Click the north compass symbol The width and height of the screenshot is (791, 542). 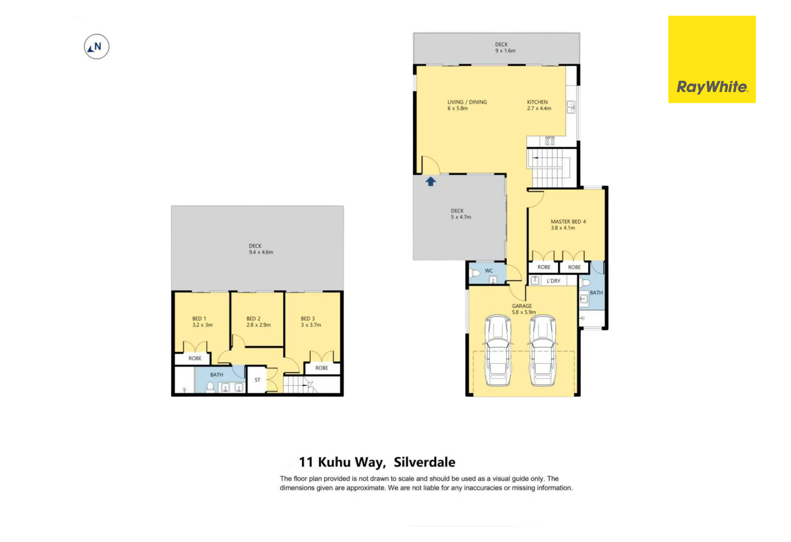pos(96,46)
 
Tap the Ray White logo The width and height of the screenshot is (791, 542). pos(712,59)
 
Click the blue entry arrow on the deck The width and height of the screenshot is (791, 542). pos(431,181)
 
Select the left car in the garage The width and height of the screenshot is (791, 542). pos(498,350)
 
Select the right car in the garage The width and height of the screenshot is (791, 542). pos(542,350)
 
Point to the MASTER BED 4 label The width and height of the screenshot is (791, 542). pos(568,221)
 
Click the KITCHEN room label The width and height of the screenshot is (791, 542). pos(537,102)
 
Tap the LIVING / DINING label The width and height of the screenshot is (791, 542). pos(467,102)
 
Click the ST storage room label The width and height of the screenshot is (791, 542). pos(257,380)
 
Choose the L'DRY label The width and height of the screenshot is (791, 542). pos(553,281)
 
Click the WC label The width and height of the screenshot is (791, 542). pos(489,271)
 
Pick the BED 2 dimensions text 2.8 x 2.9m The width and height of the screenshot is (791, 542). pos(258,325)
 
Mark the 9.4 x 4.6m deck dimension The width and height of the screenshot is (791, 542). pos(261,252)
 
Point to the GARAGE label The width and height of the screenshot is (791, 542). pos(522,306)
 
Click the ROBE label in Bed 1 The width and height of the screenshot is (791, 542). pos(195,358)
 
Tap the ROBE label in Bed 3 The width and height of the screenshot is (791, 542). pos(321,368)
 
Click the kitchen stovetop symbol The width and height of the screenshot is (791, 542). pos(549,141)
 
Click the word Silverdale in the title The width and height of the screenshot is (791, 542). pos(424,462)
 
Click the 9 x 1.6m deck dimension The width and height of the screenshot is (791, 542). pos(505,51)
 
